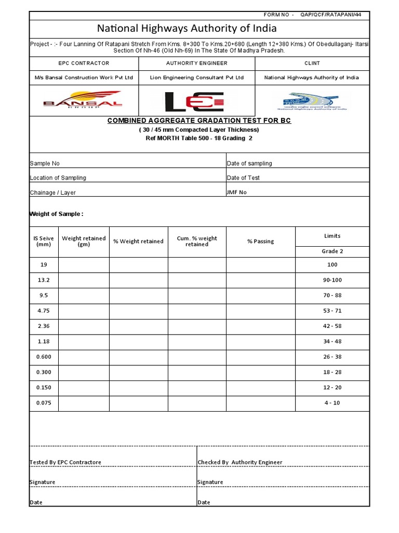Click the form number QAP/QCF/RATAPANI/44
tap(335, 15)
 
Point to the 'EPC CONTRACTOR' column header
tap(84, 63)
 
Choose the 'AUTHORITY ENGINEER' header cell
tap(196, 63)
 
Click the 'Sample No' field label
tap(45, 163)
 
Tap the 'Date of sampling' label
tap(249, 163)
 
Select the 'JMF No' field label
tap(237, 192)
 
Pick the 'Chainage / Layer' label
tap(52, 193)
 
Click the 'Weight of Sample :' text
tap(56, 214)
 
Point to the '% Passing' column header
tap(260, 242)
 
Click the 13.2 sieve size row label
tap(44, 280)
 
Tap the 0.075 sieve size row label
tap(44, 403)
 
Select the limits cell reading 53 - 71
tap(332, 311)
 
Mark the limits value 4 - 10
tap(332, 403)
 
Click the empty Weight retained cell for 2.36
tap(84, 326)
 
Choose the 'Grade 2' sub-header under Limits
tap(332, 251)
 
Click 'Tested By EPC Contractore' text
tap(65, 462)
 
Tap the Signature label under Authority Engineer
tap(210, 482)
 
